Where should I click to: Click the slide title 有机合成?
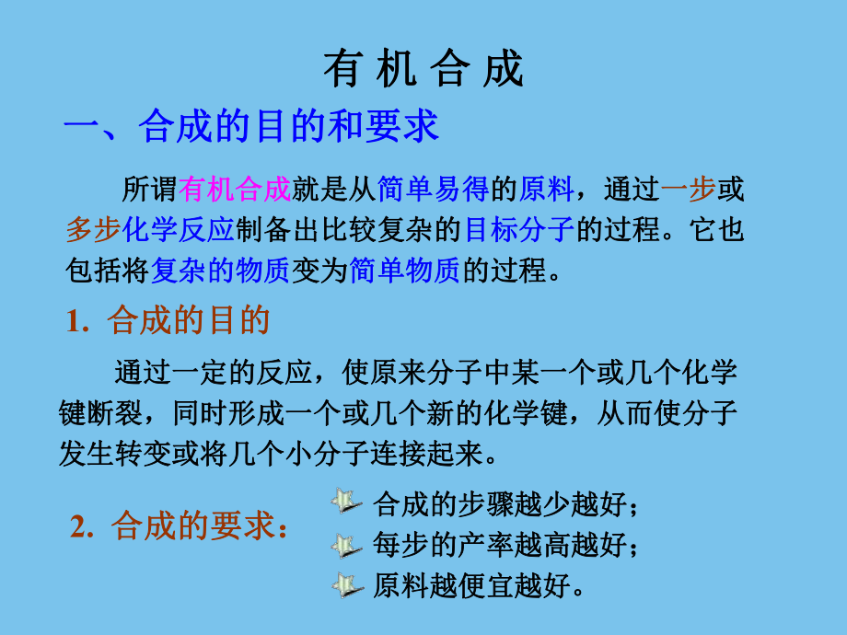423,70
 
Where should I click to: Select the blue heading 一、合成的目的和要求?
251,127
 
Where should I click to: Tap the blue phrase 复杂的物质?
220,270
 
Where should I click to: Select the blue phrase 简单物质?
405,270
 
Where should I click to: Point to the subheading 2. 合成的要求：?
179,527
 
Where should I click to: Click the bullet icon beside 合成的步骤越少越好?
345,502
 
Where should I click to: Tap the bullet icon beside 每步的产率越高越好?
345,544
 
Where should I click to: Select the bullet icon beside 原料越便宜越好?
345,585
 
